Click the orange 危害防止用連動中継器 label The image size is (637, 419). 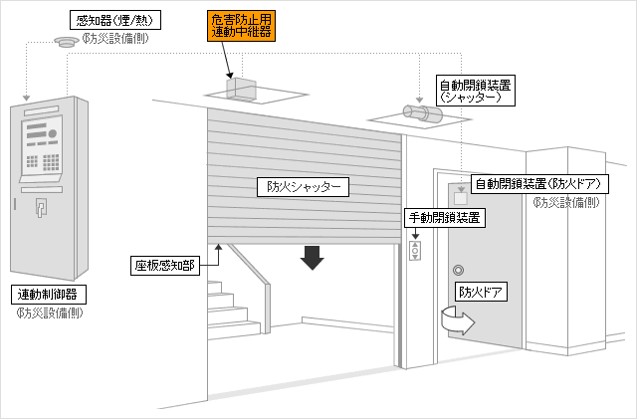241,26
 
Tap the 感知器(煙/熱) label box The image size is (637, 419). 115,20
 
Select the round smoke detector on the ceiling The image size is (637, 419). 67,42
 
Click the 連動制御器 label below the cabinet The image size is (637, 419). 49,295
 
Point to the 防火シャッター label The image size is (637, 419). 303,187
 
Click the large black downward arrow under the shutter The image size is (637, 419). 312,258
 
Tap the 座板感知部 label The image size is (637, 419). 165,266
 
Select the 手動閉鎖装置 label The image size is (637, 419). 445,218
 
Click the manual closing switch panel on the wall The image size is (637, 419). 415,251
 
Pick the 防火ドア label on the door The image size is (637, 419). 481,292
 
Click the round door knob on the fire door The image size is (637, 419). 458,270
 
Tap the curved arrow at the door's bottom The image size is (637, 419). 458,320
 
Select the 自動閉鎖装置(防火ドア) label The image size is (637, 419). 539,184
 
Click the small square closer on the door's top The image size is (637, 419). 460,198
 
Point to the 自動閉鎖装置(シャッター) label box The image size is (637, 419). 475,91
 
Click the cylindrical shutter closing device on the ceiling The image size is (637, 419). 422,113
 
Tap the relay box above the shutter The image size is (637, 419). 241,89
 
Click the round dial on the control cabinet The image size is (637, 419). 53,133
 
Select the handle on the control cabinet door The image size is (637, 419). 41,207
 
